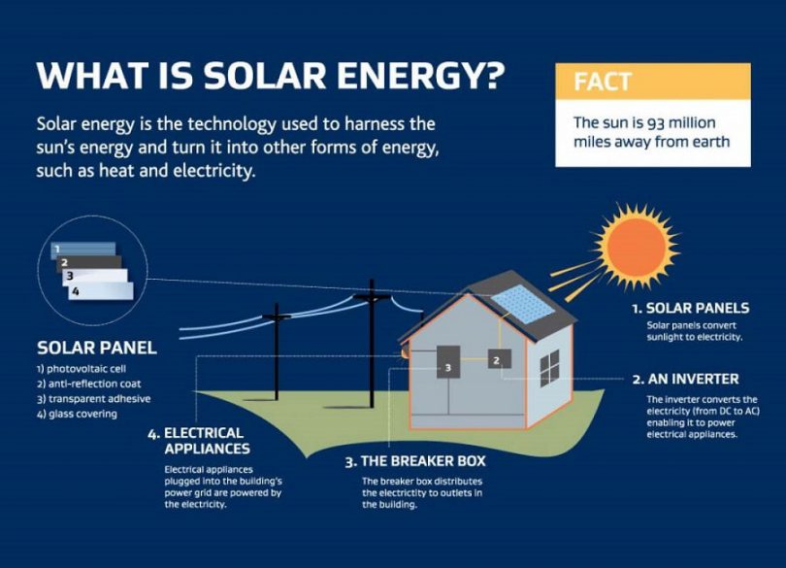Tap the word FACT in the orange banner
[x=603, y=82]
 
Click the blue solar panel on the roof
[x=523, y=304]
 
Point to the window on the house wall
[x=550, y=368]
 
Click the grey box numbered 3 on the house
[x=448, y=362]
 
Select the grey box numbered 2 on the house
[x=500, y=359]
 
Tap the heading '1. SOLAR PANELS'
[x=691, y=308]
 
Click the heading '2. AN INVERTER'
[x=686, y=379]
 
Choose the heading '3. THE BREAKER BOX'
[x=415, y=461]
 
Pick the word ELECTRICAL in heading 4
[x=204, y=433]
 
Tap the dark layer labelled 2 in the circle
[x=89, y=264]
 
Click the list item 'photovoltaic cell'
[x=81, y=369]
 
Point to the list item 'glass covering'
[x=78, y=414]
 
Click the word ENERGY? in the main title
[x=420, y=76]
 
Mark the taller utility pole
[x=372, y=344]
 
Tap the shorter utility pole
[x=277, y=351]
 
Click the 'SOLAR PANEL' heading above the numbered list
[x=97, y=348]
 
